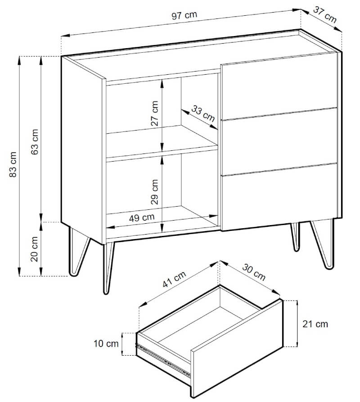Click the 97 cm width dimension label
pyautogui.click(x=184, y=15)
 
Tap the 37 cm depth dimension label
pyautogui.click(x=324, y=14)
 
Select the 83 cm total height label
pyautogui.click(x=13, y=164)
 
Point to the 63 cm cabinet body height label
pyautogui.click(x=35, y=142)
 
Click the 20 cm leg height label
pyautogui.click(x=35, y=248)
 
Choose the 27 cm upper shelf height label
pyautogui.click(x=154, y=113)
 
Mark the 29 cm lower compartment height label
pyautogui.click(x=154, y=192)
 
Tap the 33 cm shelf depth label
pyautogui.click(x=203, y=113)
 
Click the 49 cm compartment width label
pyautogui.click(x=142, y=218)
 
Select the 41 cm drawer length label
pyautogui.click(x=174, y=279)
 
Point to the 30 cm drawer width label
pyautogui.click(x=254, y=272)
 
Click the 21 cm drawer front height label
pyautogui.click(x=315, y=324)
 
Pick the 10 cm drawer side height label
pyautogui.click(x=106, y=343)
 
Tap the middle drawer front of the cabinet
pyautogui.click(x=279, y=142)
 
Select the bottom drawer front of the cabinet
pyautogui.click(x=279, y=197)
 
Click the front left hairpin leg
pyautogui.click(x=108, y=268)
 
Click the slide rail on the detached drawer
pyautogui.click(x=164, y=359)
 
